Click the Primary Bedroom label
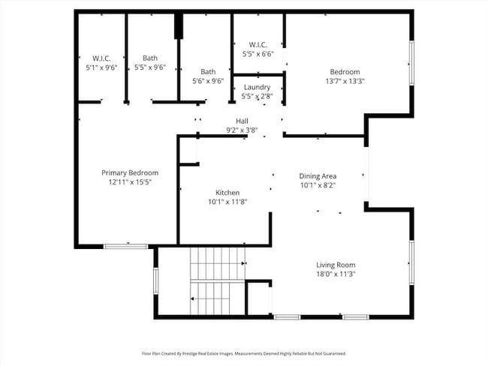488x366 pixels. tap(130, 172)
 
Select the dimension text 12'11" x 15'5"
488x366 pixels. tap(130, 181)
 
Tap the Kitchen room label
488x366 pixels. tap(227, 192)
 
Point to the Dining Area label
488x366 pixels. tap(318, 175)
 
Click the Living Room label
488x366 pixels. tap(335, 265)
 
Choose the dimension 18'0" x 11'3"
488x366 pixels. tap(335, 274)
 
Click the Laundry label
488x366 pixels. tap(257, 87)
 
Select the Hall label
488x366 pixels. tap(242, 121)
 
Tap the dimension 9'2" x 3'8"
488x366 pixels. tap(242, 130)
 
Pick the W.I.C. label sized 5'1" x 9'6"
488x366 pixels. tap(102, 58)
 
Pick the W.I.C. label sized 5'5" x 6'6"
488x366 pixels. tap(258, 44)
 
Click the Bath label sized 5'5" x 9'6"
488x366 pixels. tap(150, 58)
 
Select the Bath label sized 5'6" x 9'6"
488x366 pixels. tap(208, 72)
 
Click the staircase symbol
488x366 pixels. tap(216, 281)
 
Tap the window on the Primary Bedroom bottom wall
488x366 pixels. tap(125, 246)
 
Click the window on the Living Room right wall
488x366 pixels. tap(411, 262)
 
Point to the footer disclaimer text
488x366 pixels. tap(243, 353)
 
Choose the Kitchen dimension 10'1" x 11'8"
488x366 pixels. tap(227, 201)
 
